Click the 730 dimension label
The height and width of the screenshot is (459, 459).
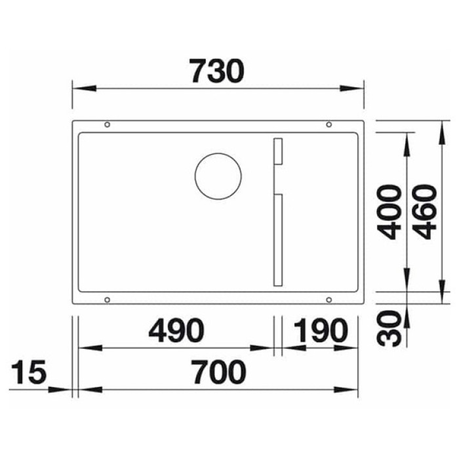(x=216, y=71)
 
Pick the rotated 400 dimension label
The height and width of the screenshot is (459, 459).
(x=391, y=212)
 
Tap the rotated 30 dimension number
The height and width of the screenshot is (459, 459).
(x=391, y=328)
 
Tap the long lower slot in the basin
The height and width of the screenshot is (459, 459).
(x=277, y=240)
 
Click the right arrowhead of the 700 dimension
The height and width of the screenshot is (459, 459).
(x=353, y=389)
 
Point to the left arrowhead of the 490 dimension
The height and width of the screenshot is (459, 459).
(x=85, y=348)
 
